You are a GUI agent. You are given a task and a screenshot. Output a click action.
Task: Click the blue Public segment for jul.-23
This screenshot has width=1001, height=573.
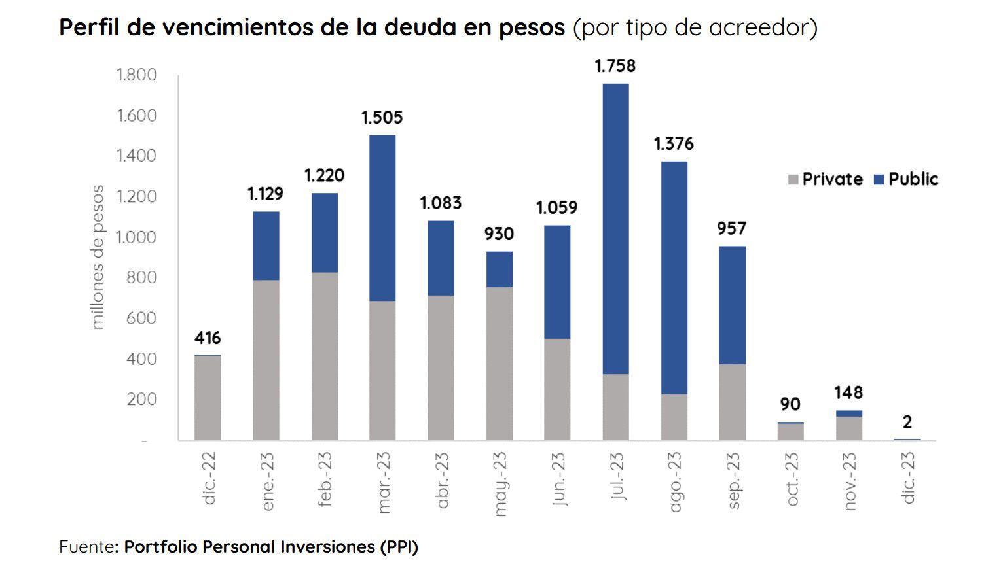tap(615, 229)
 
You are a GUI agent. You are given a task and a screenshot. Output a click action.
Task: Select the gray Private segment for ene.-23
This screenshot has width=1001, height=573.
tap(266, 360)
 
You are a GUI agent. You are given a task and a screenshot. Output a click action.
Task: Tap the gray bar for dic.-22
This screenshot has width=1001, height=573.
tap(208, 398)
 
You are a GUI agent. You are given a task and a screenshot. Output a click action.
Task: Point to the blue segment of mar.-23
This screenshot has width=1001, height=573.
tap(382, 218)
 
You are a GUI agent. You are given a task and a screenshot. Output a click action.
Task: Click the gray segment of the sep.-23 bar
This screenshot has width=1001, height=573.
tap(732, 402)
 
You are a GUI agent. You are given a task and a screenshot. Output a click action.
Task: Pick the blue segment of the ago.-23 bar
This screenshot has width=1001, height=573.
tap(674, 277)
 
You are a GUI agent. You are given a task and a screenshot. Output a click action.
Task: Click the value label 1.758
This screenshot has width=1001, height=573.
tap(615, 66)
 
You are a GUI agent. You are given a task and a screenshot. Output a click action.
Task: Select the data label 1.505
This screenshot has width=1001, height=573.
tap(382, 118)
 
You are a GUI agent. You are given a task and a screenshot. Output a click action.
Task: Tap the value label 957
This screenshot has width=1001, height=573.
tap(731, 228)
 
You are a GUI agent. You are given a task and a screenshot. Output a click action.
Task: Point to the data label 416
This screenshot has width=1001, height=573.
tap(208, 338)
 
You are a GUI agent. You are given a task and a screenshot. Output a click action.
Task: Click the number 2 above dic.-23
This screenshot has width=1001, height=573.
tap(907, 422)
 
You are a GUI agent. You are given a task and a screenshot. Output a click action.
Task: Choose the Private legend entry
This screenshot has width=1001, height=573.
tap(826, 179)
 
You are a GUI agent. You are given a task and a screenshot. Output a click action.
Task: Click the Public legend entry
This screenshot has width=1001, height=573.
tap(907, 179)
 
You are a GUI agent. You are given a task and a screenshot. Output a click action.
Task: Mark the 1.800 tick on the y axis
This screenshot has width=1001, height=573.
tap(137, 75)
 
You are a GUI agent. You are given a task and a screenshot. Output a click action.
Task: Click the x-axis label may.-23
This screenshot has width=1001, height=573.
tap(500, 484)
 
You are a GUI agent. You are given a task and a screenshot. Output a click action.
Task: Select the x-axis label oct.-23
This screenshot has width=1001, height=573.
tap(792, 479)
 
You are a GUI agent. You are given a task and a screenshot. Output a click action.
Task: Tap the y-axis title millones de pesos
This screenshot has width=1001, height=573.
tap(98, 257)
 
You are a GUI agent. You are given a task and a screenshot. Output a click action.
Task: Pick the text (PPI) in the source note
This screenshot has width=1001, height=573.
tap(398, 547)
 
